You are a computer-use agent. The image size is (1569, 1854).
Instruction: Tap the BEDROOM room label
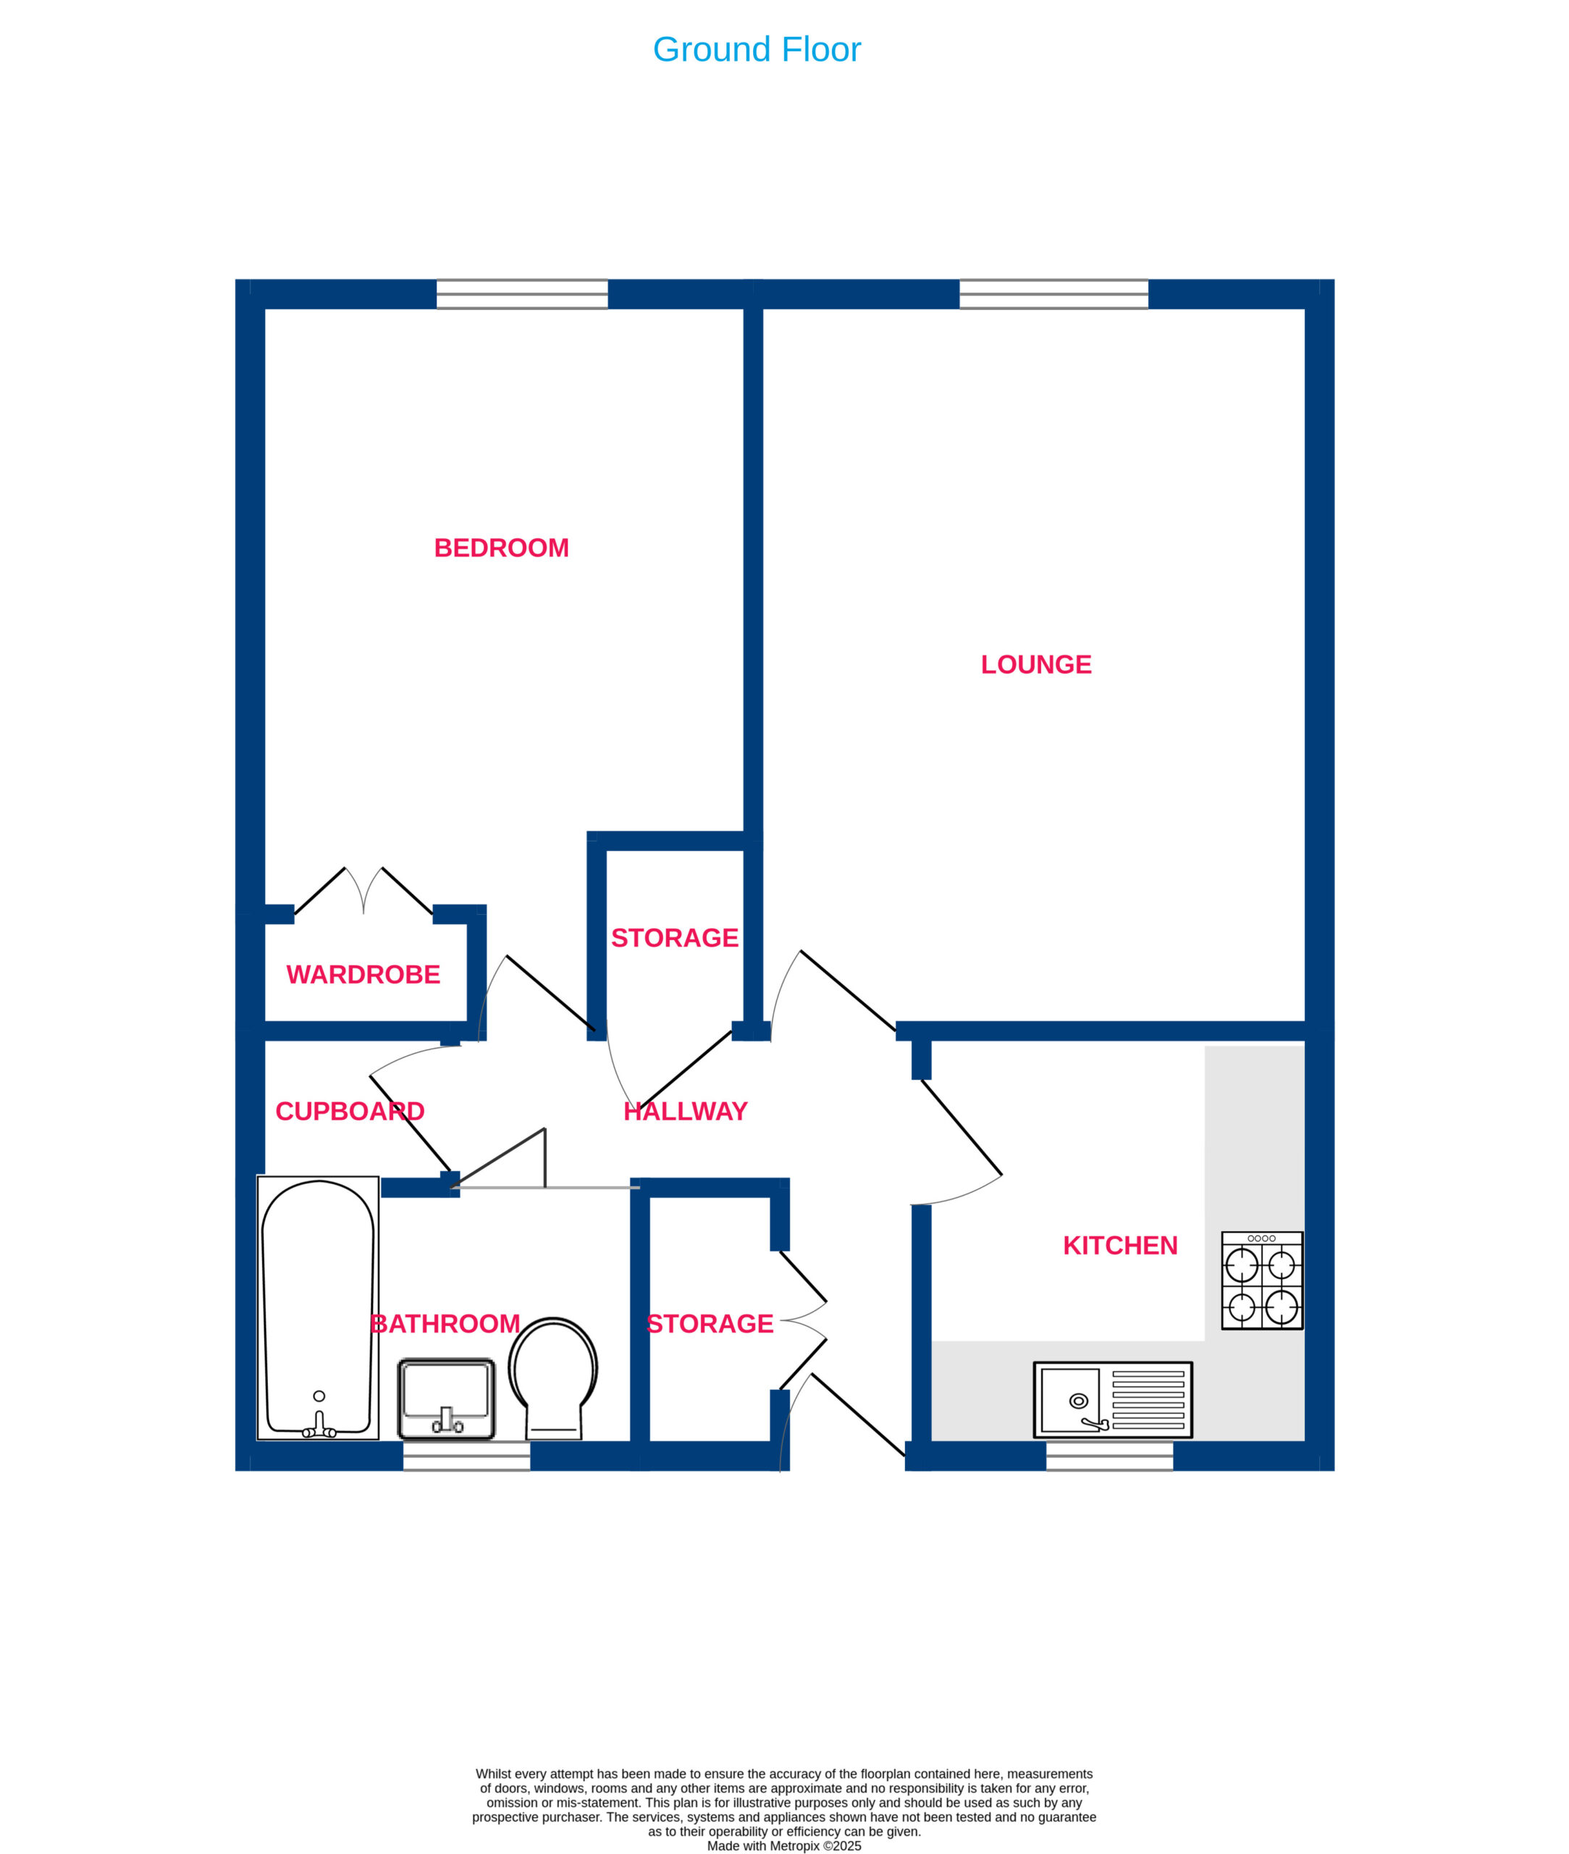click(501, 548)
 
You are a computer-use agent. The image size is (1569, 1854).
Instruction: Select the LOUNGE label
click(1035, 665)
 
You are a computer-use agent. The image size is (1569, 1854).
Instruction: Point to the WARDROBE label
click(363, 975)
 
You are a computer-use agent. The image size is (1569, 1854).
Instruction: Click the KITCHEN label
click(1120, 1246)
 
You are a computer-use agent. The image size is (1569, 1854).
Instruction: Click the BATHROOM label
click(445, 1324)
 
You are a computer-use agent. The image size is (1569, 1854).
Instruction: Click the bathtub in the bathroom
click(318, 1308)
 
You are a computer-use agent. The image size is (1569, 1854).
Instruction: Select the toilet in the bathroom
click(553, 1378)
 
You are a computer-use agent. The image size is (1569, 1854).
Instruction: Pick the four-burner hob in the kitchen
click(1261, 1280)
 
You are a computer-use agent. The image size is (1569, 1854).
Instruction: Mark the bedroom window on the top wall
click(522, 295)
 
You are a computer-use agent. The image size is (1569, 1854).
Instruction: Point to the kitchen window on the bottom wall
click(1109, 1456)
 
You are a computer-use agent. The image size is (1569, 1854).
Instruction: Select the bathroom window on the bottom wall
click(466, 1456)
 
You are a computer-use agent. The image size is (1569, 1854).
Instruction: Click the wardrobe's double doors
click(363, 891)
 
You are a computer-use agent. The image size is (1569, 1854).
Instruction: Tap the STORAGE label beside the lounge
click(674, 938)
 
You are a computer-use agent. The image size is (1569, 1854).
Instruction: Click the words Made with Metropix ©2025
click(783, 1846)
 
